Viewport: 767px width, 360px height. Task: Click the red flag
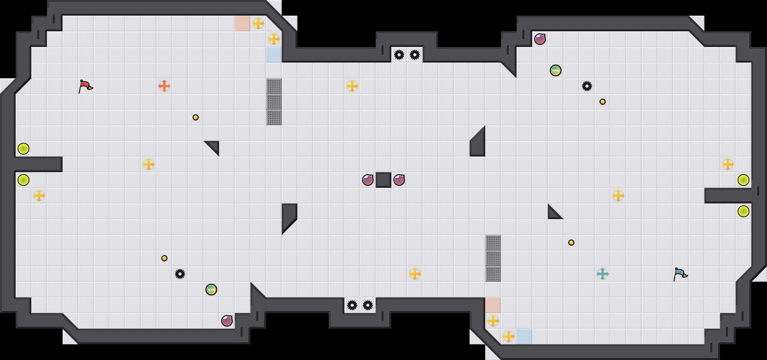[x=85, y=86]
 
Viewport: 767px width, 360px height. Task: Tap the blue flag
[x=680, y=274]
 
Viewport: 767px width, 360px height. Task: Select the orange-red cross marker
[x=164, y=86]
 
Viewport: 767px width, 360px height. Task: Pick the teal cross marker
[x=603, y=274]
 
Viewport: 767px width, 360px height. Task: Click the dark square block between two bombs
[x=383, y=180]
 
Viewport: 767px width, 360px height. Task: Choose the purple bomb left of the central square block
[x=368, y=180]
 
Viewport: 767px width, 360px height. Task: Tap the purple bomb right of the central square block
[x=399, y=180]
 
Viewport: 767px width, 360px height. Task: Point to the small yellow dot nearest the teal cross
[x=571, y=243]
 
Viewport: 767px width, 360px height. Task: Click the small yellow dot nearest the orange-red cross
[x=196, y=117]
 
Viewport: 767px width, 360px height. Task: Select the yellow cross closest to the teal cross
[x=618, y=196]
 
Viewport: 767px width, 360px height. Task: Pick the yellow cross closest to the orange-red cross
[x=149, y=164]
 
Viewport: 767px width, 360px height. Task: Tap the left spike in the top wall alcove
[x=399, y=55]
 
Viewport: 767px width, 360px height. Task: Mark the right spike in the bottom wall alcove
[x=368, y=305]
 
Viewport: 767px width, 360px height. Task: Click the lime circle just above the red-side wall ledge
[x=23, y=149]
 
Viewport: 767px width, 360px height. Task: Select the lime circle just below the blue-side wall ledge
[x=744, y=211]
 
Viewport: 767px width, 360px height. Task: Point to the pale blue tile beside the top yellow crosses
[x=274, y=55]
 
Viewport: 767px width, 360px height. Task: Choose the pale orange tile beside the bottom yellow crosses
[x=493, y=305]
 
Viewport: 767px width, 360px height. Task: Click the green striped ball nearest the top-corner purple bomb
[x=556, y=70]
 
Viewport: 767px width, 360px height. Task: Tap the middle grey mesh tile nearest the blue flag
[x=493, y=258]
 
